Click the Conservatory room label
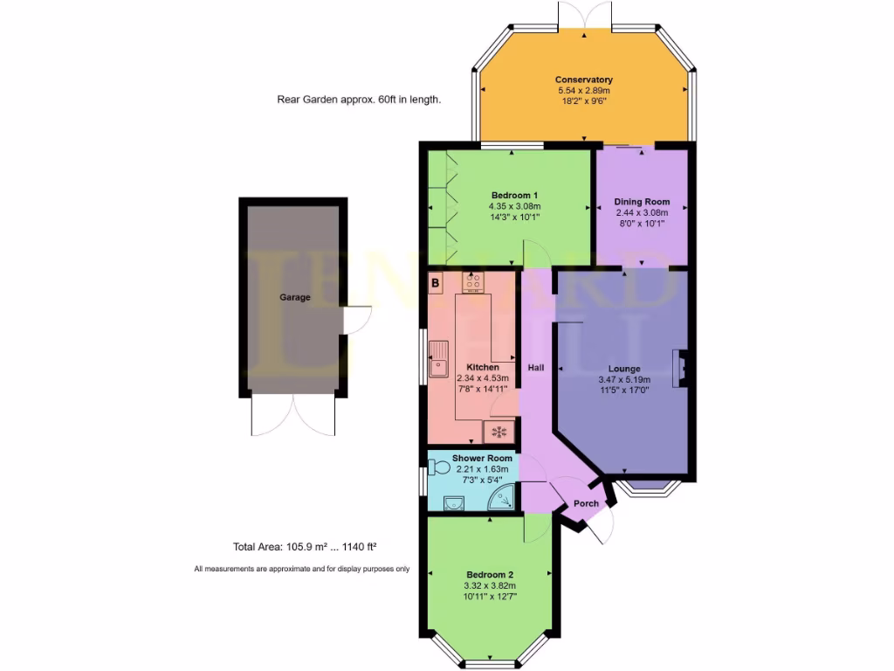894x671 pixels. pyautogui.click(x=583, y=80)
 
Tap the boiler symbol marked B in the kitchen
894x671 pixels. pyautogui.click(x=435, y=283)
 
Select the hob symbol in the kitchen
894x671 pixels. pyautogui.click(x=473, y=282)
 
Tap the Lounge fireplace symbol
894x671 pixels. pyautogui.click(x=679, y=367)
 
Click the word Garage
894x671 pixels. pyautogui.click(x=295, y=297)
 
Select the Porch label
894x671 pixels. pyautogui.click(x=586, y=503)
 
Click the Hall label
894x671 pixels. pyautogui.click(x=535, y=368)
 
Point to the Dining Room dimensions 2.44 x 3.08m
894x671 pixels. pyautogui.click(x=642, y=212)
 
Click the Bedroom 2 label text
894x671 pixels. pyautogui.click(x=490, y=575)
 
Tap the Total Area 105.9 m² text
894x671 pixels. pyautogui.click(x=305, y=548)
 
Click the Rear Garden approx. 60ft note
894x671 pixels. pyautogui.click(x=359, y=100)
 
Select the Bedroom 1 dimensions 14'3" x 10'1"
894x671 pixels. pyautogui.click(x=514, y=218)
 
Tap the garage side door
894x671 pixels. pyautogui.click(x=357, y=321)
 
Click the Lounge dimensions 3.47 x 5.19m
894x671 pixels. pyautogui.click(x=624, y=380)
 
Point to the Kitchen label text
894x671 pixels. pyautogui.click(x=483, y=367)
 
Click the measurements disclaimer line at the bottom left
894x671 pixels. pyautogui.click(x=301, y=569)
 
